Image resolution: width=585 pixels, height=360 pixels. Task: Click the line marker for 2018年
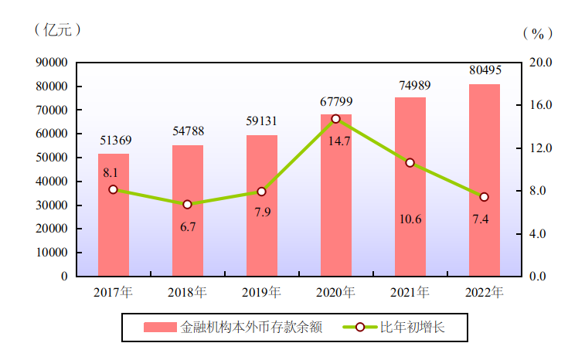pyautogui.click(x=188, y=205)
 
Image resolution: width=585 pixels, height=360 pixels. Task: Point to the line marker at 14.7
pyautogui.click(x=336, y=119)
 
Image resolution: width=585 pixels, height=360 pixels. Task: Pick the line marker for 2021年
pyautogui.click(x=410, y=163)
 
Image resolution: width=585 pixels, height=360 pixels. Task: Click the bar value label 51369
pyautogui.click(x=115, y=140)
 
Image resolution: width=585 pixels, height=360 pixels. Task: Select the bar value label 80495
pyautogui.click(x=485, y=70)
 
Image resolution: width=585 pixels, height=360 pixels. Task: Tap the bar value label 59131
pyautogui.click(x=262, y=121)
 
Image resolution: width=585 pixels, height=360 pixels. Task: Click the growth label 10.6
pyautogui.click(x=410, y=219)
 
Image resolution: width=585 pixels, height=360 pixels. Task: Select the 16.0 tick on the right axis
pyautogui.click(x=541, y=105)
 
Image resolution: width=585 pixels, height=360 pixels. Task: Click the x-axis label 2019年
pyautogui.click(x=262, y=293)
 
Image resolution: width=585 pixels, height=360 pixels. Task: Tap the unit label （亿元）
pyautogui.click(x=57, y=30)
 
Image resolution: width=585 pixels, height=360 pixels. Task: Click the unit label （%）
pyautogui.click(x=538, y=33)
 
